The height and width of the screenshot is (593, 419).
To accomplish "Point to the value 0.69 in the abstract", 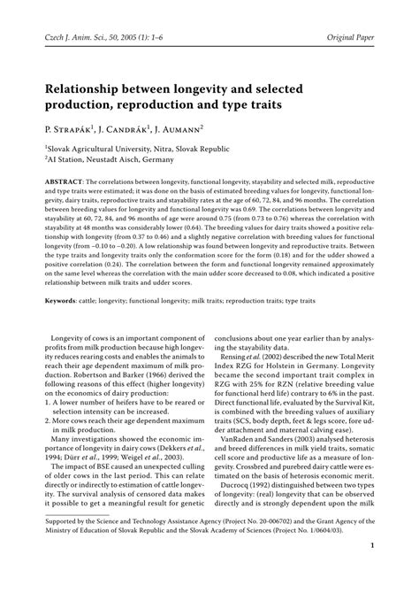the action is (286, 229).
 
